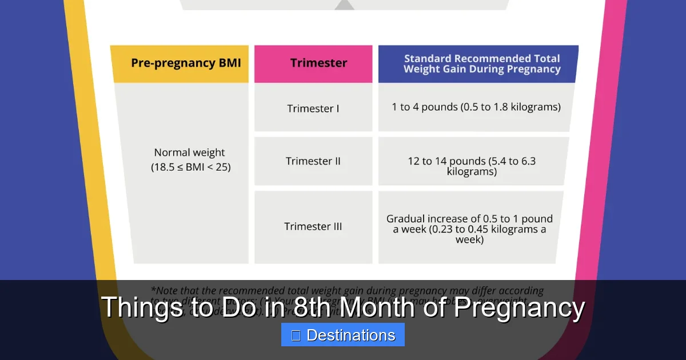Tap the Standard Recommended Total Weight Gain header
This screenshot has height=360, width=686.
coord(481,63)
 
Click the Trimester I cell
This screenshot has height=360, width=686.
coord(313,108)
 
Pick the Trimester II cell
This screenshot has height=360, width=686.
coord(313,161)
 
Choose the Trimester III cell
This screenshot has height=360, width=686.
coord(313,226)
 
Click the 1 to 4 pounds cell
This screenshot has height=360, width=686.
coord(476,107)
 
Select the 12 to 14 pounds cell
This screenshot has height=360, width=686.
coord(472,166)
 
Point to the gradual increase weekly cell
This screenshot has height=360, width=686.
coord(469,229)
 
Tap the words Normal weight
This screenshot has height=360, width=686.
coord(190,153)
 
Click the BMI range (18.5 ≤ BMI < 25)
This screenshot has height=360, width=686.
coord(191,167)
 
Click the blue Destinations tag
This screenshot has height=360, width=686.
coord(343,335)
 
